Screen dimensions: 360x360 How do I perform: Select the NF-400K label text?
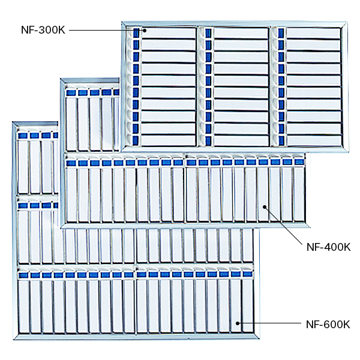pos(328,247)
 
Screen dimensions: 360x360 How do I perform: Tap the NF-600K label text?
pos(328,325)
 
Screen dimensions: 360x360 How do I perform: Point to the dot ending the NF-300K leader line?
pos(143,29)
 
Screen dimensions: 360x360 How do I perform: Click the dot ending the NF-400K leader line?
pos(265,207)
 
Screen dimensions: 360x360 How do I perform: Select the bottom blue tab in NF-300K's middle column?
pos(208,140)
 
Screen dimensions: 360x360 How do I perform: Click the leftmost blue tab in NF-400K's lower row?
pos(71,163)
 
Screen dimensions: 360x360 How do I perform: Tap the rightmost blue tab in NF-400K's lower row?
pos(299,162)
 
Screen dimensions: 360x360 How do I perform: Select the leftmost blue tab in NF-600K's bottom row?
pos(23,275)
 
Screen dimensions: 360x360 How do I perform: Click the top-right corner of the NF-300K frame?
pos(346,23)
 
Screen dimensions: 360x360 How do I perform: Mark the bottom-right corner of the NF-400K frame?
pos(309,227)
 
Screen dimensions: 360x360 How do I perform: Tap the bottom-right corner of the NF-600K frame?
pos(259,338)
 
